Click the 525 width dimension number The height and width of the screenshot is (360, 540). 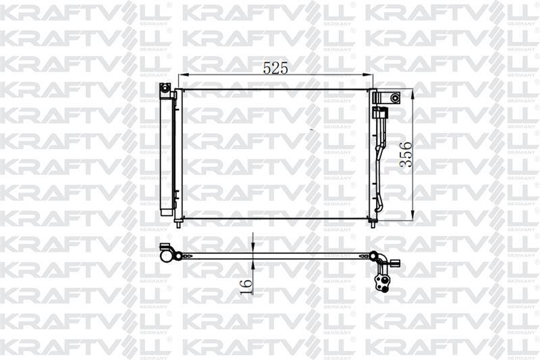click(x=275, y=68)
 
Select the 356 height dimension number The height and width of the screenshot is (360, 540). click(x=406, y=154)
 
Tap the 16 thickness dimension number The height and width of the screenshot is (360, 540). click(x=246, y=287)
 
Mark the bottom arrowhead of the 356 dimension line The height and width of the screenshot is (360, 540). click(x=412, y=215)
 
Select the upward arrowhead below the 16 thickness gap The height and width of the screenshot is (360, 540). click(x=253, y=264)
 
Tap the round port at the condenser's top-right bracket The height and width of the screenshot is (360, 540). click(x=395, y=98)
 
